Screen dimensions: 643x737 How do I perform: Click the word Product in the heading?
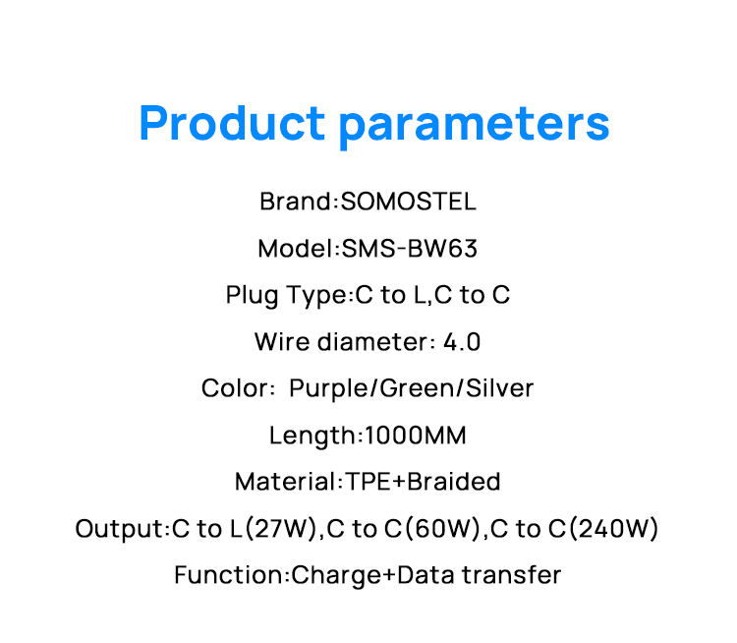232,124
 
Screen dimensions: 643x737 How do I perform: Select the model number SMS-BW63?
410,249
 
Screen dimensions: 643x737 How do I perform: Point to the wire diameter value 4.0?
462,342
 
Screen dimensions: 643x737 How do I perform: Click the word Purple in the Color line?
325,388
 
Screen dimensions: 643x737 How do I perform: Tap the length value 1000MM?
416,436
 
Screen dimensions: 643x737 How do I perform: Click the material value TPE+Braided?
422,482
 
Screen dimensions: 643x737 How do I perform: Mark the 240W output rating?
614,529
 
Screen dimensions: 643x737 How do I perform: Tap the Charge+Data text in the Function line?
377,575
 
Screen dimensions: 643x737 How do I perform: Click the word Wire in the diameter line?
276,342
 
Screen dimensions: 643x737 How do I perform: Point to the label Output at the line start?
117,529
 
